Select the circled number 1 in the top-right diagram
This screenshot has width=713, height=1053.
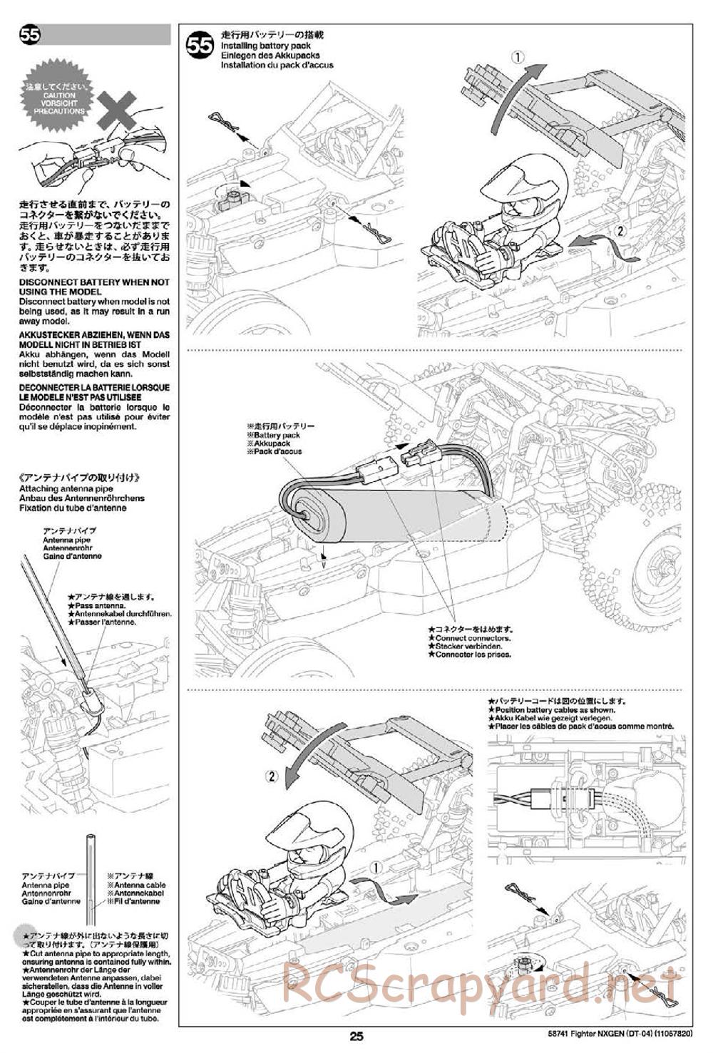point(518,56)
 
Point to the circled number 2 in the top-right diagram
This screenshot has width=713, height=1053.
point(620,230)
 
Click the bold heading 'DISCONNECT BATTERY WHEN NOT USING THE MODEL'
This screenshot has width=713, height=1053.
point(95,287)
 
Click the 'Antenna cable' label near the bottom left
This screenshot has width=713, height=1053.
point(135,893)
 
